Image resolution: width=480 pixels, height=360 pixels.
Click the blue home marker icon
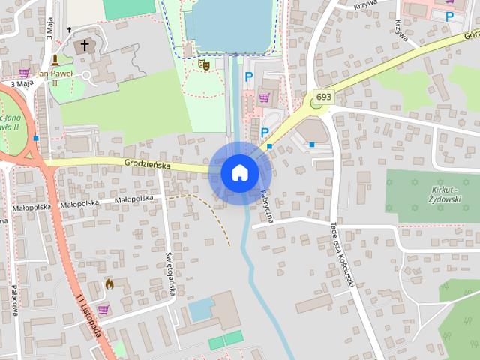point(239,172)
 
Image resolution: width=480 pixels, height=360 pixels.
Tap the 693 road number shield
point(324,97)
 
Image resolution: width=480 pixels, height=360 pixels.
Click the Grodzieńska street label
point(148,163)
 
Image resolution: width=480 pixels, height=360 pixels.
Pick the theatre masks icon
point(202,65)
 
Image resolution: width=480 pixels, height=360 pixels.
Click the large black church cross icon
point(85,46)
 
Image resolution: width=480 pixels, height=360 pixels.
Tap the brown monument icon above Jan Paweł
point(55,60)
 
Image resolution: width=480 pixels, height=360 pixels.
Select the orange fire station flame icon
point(109,283)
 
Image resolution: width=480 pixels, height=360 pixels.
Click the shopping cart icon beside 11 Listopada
point(103,309)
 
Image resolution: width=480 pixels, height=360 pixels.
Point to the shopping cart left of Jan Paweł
point(25,73)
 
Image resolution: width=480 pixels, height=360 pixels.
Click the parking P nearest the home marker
point(264,132)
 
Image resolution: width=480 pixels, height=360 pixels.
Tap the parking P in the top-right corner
point(450,16)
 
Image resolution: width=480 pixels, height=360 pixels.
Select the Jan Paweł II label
point(56,77)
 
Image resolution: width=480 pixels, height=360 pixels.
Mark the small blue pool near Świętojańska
point(200,308)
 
